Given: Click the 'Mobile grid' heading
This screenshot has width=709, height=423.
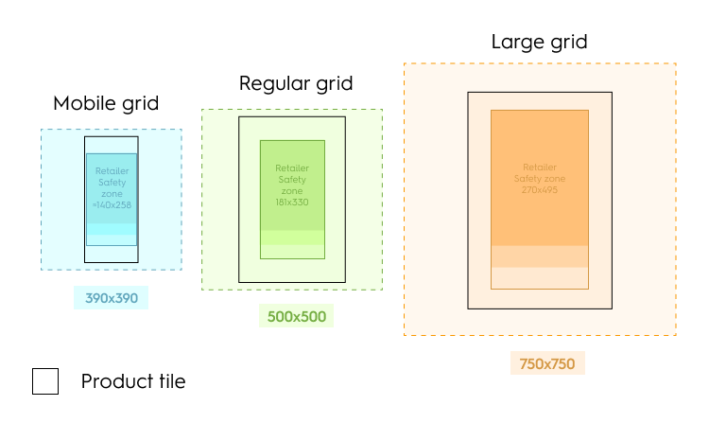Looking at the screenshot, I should (106, 103).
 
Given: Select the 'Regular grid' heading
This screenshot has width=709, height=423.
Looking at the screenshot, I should (296, 83).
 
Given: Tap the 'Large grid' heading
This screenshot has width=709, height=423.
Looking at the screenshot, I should (539, 42).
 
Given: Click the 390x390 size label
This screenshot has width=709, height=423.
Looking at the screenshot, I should (112, 298).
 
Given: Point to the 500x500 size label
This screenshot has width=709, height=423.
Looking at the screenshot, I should (296, 316).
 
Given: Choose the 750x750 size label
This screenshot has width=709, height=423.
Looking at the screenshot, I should (547, 363).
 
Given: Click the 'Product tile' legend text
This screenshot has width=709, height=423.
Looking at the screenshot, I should (133, 382).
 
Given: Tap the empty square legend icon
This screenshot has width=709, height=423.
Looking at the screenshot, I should (45, 381).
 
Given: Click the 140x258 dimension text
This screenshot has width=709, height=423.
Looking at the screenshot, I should (112, 204).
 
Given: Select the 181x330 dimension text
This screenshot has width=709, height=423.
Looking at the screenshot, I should (292, 202).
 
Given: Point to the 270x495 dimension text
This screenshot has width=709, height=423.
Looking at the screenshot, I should (540, 189).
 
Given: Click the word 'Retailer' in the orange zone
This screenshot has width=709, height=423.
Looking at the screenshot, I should (540, 167).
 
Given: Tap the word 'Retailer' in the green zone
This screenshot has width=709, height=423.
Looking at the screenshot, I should (292, 168).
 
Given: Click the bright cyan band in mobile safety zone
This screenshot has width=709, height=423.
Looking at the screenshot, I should (112, 228).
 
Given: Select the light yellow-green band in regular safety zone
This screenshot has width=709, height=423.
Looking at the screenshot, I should (292, 251).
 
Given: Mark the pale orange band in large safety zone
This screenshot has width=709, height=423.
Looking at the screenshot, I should (540, 256).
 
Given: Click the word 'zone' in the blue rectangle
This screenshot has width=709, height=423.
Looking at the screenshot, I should (112, 193).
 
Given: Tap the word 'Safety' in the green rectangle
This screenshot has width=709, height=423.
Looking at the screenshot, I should (292, 180).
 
